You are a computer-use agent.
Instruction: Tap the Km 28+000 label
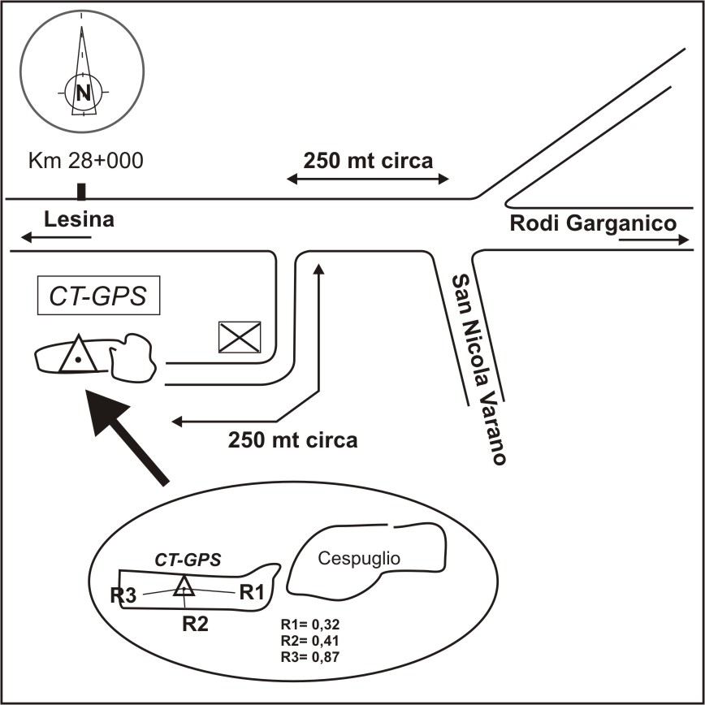(85, 160)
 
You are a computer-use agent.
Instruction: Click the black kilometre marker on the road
(80, 192)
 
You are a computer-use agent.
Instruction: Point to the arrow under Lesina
(57, 237)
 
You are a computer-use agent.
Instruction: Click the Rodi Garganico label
(593, 223)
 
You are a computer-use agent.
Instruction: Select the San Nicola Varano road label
(479, 370)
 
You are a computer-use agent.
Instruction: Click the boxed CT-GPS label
(99, 296)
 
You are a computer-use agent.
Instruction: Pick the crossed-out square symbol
(240, 336)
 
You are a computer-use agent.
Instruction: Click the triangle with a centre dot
(77, 354)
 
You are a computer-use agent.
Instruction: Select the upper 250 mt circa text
(368, 159)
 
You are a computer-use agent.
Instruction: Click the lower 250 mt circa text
(292, 441)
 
